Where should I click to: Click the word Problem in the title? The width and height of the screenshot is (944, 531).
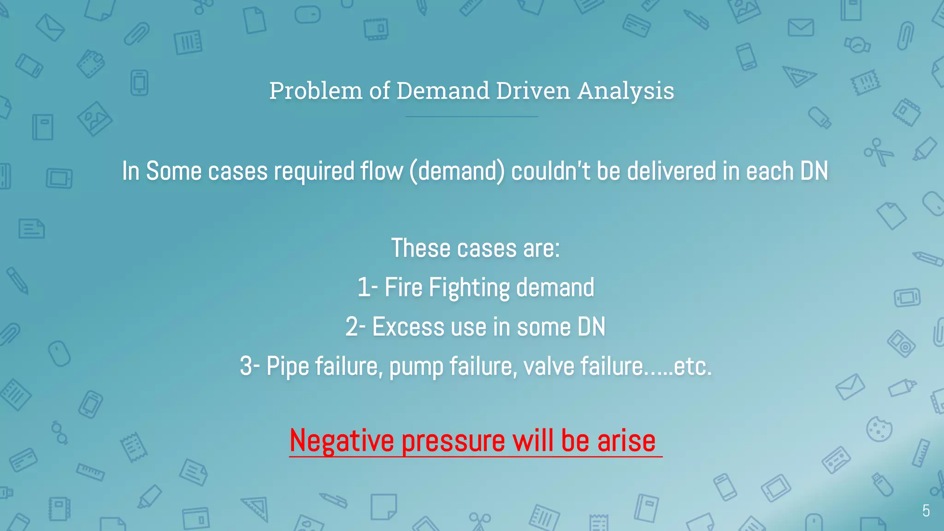click(x=316, y=91)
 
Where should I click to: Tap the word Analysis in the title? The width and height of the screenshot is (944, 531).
click(x=625, y=91)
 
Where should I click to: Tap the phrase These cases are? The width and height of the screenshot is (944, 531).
click(x=475, y=248)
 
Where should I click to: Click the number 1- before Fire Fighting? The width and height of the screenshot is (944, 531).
click(x=367, y=288)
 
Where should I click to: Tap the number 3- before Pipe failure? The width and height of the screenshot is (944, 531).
click(x=249, y=366)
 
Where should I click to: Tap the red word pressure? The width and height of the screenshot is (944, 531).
click(x=454, y=441)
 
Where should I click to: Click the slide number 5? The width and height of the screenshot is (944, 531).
click(x=926, y=511)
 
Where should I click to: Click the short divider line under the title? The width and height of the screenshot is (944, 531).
click(x=472, y=117)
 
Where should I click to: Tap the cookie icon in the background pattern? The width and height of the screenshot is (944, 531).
click(x=879, y=429)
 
